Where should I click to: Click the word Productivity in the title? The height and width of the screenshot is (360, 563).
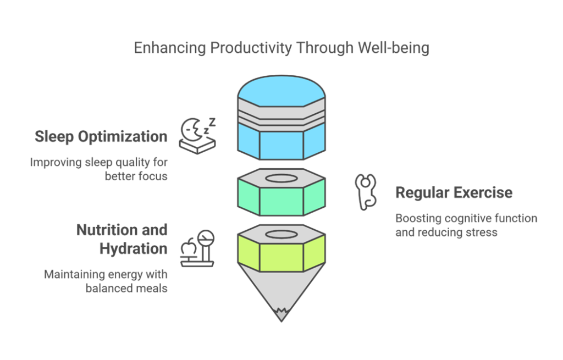tap(251, 48)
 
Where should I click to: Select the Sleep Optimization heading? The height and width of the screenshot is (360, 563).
tap(101, 137)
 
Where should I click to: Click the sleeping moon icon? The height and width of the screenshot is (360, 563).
tap(197, 136)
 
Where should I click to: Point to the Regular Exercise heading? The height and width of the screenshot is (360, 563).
tap(454, 192)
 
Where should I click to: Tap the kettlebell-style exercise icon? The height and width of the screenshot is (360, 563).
tap(366, 192)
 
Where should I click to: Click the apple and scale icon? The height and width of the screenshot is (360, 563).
tap(197, 248)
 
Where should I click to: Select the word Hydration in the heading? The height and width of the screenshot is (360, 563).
tap(133, 249)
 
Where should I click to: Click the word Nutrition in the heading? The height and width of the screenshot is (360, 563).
tap(107, 230)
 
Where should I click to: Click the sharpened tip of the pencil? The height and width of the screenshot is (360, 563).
tap(281, 318)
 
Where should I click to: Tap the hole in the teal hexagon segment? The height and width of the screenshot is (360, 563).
tap(281, 179)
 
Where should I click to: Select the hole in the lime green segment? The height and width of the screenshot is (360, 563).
tap(281, 235)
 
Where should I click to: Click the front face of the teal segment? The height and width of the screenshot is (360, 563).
tap(281, 201)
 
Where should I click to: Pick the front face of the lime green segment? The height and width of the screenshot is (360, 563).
tap(281, 258)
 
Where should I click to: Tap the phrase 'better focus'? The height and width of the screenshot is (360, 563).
tap(136, 176)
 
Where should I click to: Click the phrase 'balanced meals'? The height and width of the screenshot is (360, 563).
tap(126, 288)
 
